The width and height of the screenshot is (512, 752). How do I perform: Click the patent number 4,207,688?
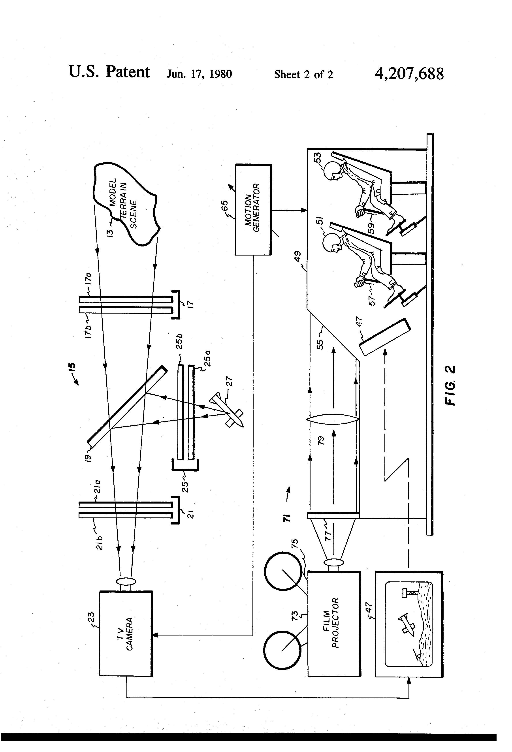[x=409, y=74]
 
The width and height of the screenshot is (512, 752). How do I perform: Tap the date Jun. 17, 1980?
[x=199, y=74]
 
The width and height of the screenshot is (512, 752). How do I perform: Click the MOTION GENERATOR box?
[x=253, y=210]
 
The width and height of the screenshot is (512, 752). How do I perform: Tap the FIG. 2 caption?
[x=450, y=385]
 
